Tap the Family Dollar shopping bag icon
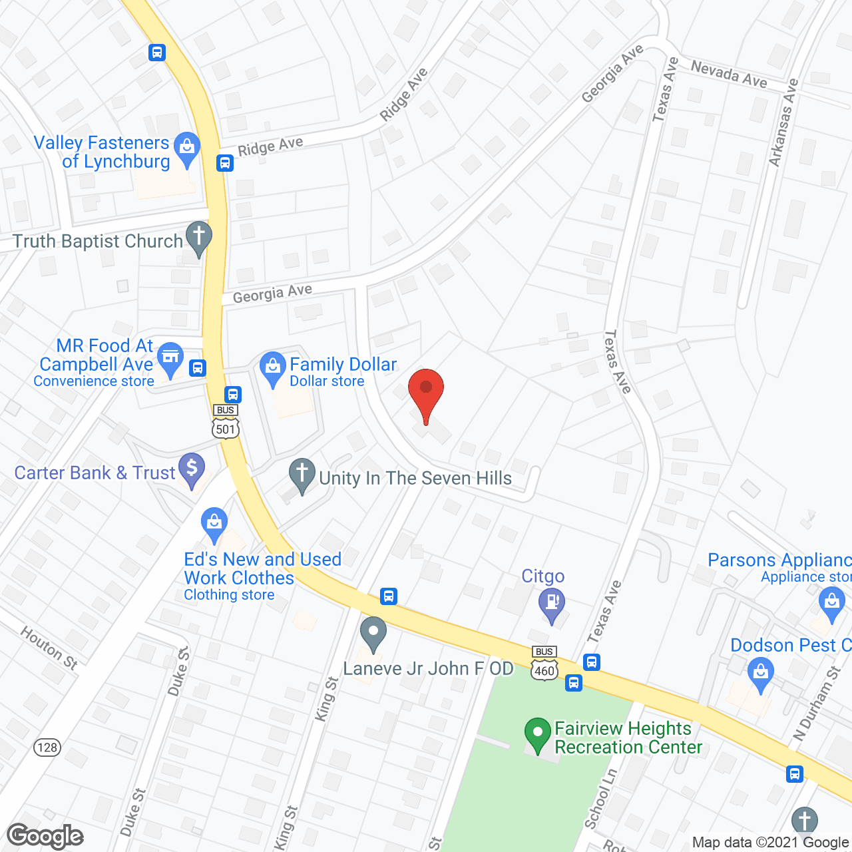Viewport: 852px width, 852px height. (x=272, y=367)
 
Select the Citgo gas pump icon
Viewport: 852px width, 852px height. (x=552, y=603)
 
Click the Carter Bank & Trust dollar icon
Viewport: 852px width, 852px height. (x=192, y=468)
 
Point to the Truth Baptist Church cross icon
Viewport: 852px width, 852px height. (x=198, y=236)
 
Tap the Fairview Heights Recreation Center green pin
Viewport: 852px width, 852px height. (x=538, y=733)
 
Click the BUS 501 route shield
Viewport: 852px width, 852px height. (x=226, y=422)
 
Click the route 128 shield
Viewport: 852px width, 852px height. (x=47, y=747)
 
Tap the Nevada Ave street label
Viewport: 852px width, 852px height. (x=729, y=74)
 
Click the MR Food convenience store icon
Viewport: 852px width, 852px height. (x=171, y=357)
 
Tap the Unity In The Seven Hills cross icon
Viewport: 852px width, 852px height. (x=302, y=473)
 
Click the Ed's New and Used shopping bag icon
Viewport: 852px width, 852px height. (x=214, y=523)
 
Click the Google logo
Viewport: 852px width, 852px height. (x=45, y=836)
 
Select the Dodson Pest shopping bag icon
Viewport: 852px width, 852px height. (x=760, y=671)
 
